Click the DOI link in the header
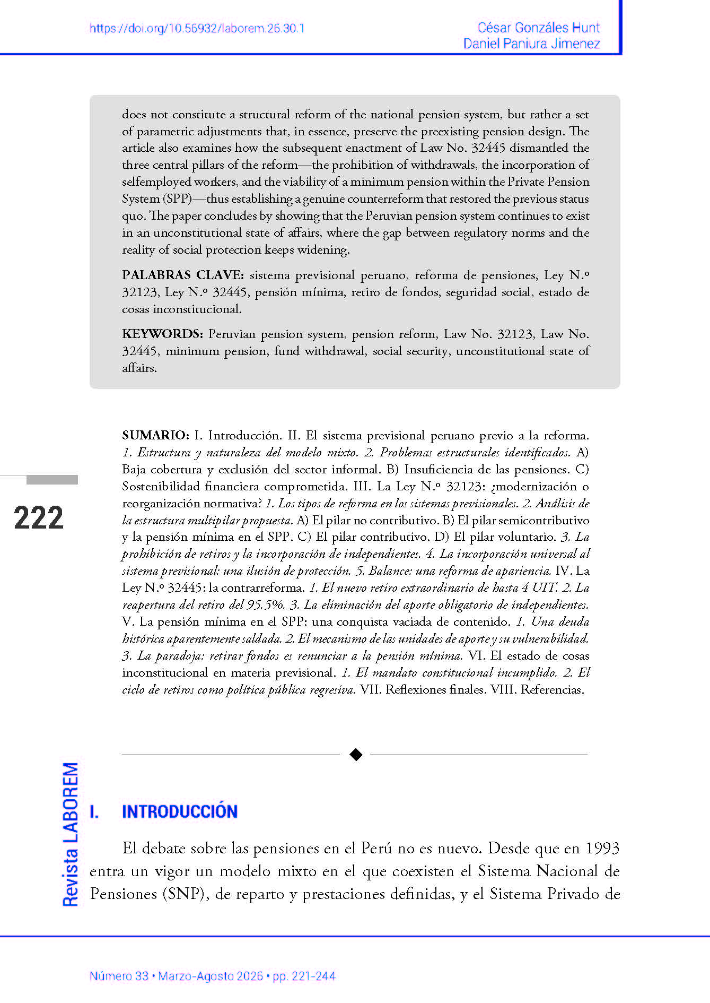(197, 29)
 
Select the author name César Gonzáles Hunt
(538, 28)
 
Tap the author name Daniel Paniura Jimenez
(531, 44)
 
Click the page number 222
(39, 518)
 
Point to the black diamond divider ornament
(356, 754)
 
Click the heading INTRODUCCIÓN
(180, 811)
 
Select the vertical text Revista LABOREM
(71, 834)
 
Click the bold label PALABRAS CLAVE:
(182, 275)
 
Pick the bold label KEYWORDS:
(162, 334)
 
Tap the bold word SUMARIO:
(155, 435)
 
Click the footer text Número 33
(119, 976)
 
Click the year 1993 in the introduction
(602, 848)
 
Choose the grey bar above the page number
(52, 480)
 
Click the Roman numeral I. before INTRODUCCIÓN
(94, 811)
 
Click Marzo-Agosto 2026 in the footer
(211, 976)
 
